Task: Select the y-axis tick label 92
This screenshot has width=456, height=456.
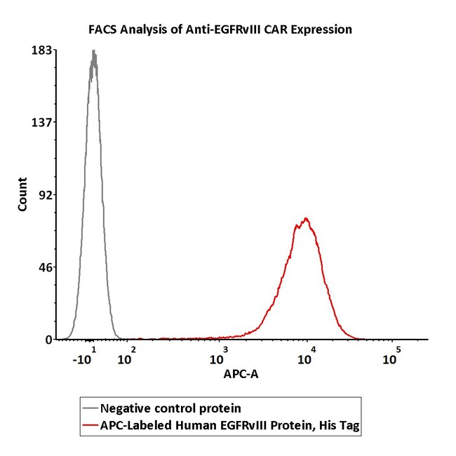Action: (44, 195)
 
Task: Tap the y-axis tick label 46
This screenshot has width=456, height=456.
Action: (44, 267)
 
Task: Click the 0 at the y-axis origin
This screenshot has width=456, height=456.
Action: (48, 340)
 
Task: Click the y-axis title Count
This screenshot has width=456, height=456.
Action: (22, 197)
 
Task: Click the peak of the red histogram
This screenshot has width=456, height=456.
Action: (305, 219)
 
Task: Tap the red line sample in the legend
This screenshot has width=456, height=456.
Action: (90, 425)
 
